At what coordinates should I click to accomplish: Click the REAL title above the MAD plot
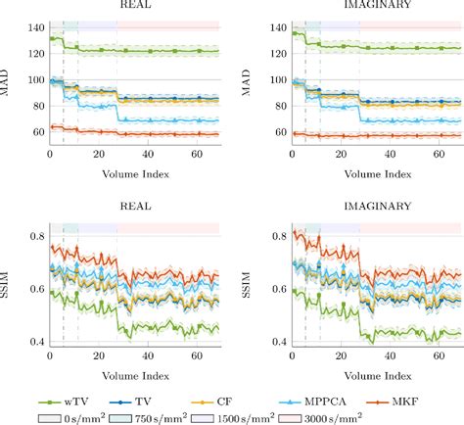pyautogui.click(x=135, y=6)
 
